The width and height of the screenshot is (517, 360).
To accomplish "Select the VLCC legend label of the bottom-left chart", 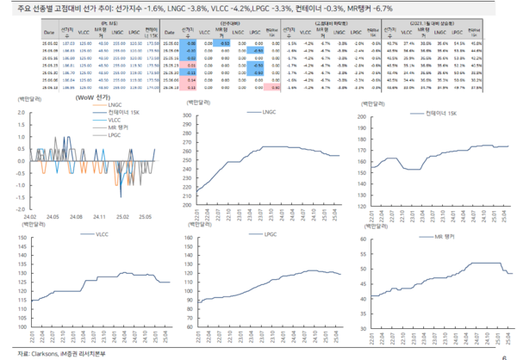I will coord(102,234).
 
